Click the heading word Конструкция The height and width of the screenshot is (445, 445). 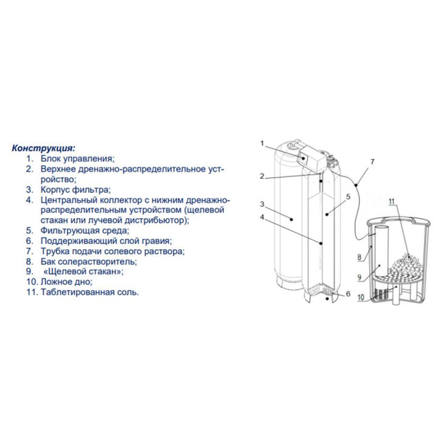coord(44,148)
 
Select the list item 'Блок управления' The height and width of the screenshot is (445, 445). coord(77,158)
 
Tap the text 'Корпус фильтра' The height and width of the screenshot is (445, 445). coord(76,189)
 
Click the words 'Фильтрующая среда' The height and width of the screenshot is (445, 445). coord(85,230)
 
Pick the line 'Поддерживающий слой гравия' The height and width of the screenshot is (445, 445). coord(106,241)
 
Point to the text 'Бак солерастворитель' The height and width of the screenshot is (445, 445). coord(89,262)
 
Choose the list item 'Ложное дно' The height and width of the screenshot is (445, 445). coord(66,282)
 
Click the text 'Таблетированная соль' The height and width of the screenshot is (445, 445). coord(89,292)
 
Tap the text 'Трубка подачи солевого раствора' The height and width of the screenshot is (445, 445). coord(112,251)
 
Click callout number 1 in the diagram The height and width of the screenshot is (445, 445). coord(262,143)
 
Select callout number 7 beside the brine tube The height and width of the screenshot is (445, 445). coord(372,162)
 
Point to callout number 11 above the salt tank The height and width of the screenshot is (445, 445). coord(392,202)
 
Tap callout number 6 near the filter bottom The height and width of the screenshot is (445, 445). coord(348,294)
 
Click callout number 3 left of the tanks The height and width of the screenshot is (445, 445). coord(262,204)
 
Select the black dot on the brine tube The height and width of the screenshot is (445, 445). coord(356,185)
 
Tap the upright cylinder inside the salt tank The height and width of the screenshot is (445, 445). coord(380,253)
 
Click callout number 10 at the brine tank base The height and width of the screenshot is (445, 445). coord(361,298)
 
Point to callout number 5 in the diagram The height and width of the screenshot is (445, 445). coord(348,197)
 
